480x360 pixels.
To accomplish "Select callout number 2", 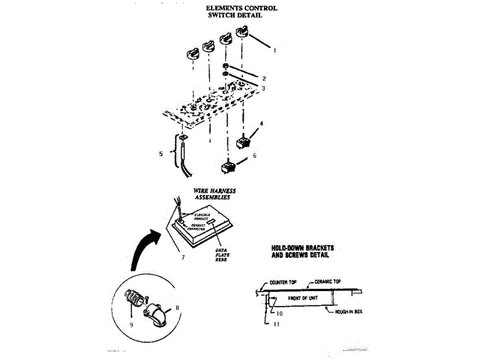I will coord(264,77).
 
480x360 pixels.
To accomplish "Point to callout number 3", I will coord(262,88).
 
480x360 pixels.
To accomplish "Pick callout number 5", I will coord(160,154).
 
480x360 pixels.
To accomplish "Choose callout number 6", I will coord(254,155).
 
